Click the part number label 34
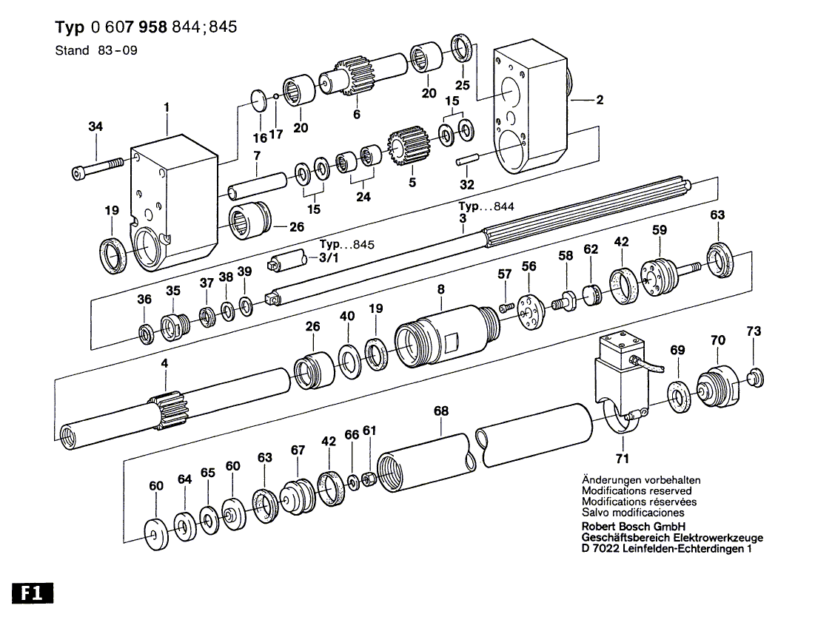[95, 126]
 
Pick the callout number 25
[463, 85]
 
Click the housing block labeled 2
[529, 111]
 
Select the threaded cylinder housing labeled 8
[444, 337]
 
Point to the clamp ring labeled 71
[617, 420]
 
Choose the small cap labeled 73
[754, 377]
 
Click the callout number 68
[441, 411]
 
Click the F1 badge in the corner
[32, 594]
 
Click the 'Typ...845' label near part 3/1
[349, 245]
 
